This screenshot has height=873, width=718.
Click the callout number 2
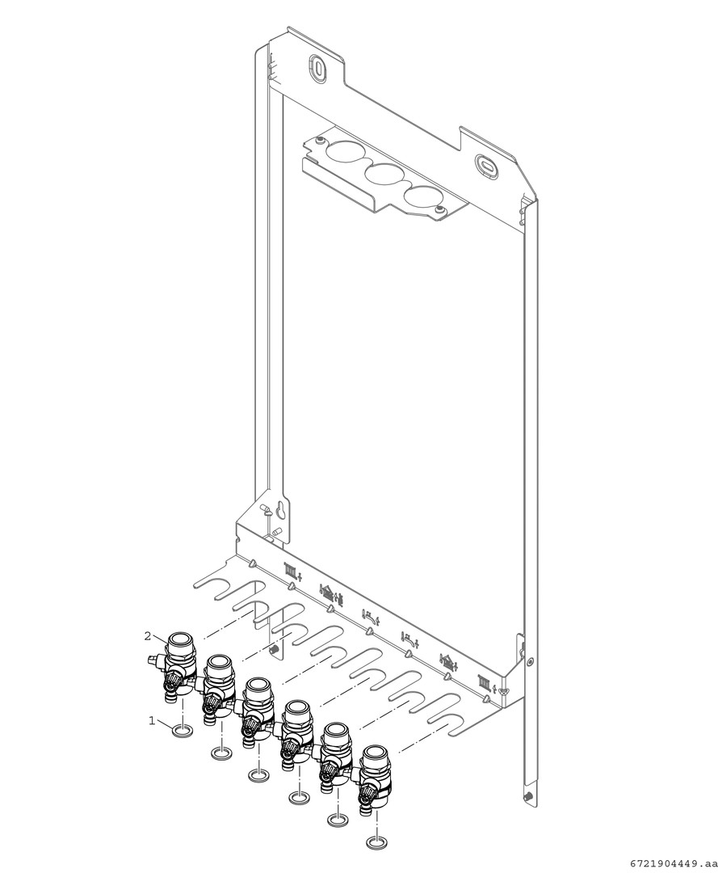(x=147, y=636)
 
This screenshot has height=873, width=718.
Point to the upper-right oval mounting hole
(x=485, y=165)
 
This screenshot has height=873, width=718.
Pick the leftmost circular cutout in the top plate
(x=345, y=152)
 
